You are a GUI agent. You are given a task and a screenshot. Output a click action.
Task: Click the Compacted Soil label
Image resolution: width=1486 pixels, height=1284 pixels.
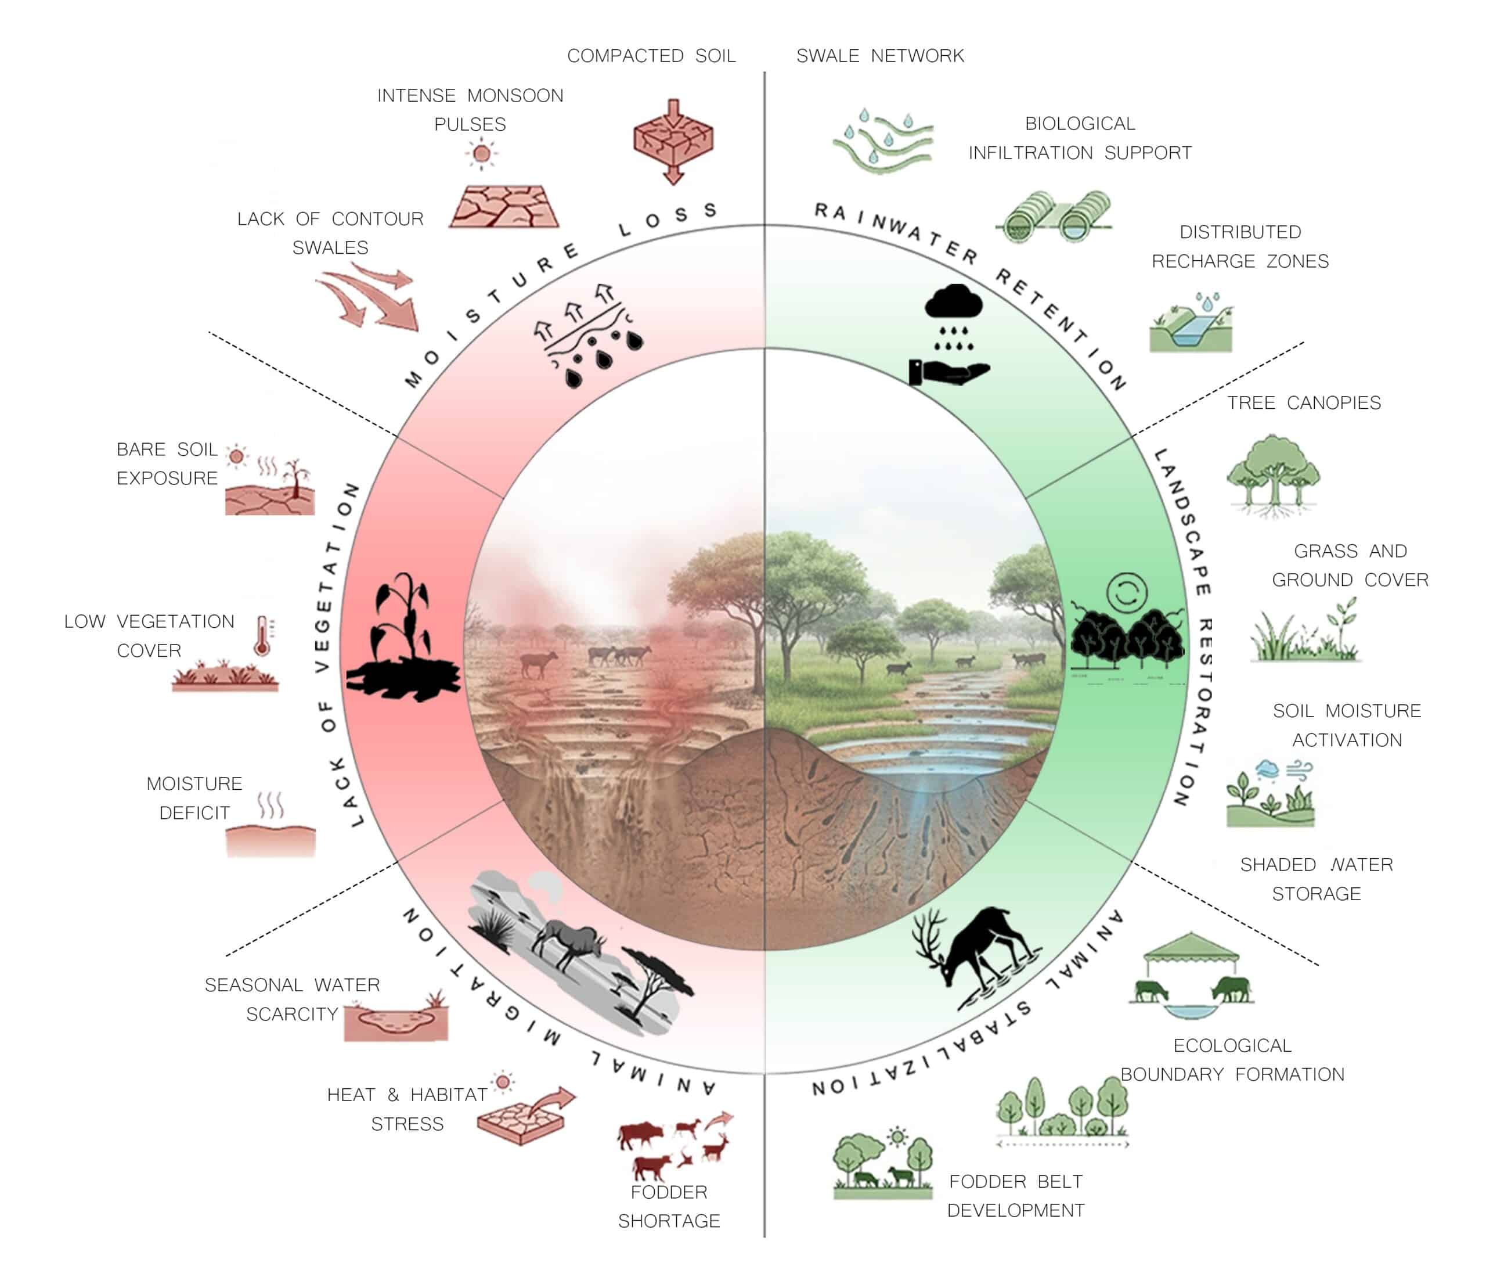coord(651,56)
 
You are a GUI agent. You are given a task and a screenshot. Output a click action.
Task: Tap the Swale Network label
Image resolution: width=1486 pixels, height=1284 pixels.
coord(880,56)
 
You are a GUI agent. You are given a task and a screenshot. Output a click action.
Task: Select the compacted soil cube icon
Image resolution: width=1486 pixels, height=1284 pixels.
coord(673,140)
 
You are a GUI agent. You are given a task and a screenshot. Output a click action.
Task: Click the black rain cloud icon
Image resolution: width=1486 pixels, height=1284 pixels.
coord(953,302)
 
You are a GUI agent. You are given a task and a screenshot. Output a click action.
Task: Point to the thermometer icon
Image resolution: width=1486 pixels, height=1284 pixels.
coord(262,635)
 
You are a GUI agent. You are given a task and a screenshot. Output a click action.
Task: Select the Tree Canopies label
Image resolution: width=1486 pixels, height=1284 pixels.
coord(1303,403)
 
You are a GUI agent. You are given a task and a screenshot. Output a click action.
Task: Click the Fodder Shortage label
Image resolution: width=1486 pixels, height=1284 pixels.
coord(669,1207)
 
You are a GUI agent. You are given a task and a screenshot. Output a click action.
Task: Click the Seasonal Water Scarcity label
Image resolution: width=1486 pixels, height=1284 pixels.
coord(292,999)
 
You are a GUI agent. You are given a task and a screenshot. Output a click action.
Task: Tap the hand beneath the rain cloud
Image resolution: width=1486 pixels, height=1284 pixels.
coord(949,372)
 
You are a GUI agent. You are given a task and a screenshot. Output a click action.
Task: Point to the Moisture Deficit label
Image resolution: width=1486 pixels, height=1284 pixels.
coord(194,798)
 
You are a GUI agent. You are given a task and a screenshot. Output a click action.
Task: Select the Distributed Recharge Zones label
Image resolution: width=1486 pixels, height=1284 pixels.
coord(1240,247)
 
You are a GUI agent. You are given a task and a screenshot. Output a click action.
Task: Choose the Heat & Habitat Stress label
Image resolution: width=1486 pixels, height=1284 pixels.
coord(407,1109)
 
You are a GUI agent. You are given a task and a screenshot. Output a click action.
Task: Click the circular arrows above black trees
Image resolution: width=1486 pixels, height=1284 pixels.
coord(1127,592)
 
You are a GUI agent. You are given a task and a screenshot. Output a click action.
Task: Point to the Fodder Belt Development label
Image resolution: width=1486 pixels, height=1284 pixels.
coord(1015,1196)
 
